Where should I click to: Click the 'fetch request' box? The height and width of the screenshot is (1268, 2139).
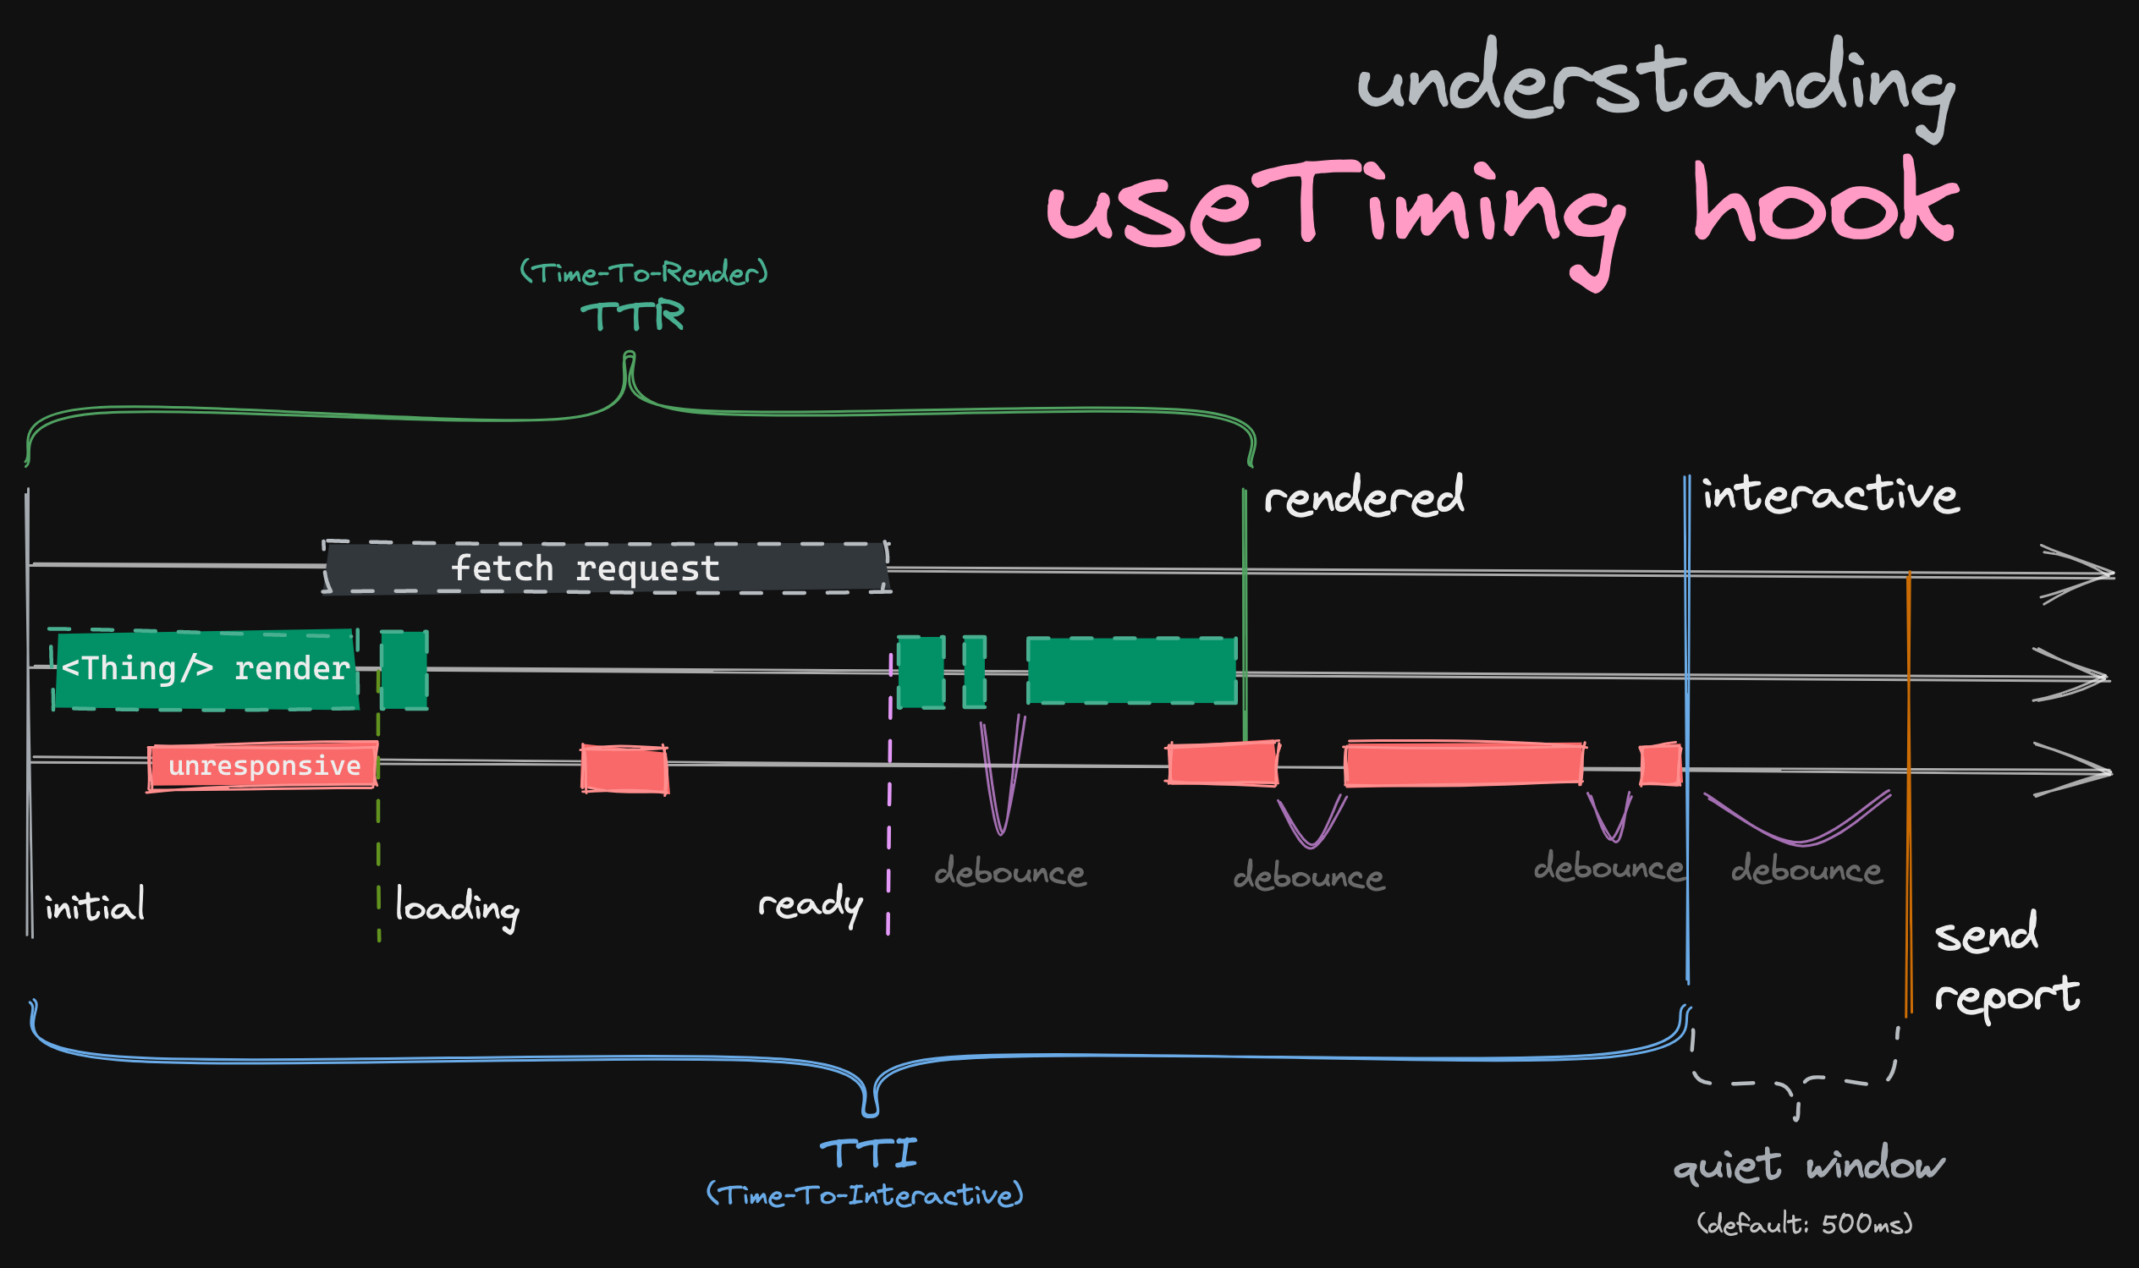pos(607,568)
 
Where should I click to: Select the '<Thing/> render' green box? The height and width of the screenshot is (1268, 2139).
pos(205,670)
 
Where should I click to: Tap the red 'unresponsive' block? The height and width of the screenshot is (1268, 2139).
pos(262,766)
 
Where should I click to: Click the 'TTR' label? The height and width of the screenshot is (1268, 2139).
pos(633,316)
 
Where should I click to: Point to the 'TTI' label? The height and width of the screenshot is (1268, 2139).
pos(869,1154)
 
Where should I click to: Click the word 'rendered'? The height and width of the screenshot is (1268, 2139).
pos(1364,496)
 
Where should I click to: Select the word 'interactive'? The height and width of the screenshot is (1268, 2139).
pos(1830,494)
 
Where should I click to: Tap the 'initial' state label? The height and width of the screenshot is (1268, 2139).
pos(95,906)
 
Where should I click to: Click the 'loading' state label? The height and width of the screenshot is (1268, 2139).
pos(457,908)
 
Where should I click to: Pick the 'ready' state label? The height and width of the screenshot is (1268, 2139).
pos(810,904)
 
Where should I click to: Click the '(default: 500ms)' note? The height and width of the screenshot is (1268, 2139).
pos(1805,1224)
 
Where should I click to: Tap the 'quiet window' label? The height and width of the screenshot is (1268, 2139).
pos(1809,1166)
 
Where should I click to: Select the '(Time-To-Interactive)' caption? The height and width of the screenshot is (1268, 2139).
pos(865,1194)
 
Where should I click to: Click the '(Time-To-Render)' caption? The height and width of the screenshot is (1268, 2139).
pos(645,273)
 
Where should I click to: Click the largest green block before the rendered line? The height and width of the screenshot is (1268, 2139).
pos(1132,672)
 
